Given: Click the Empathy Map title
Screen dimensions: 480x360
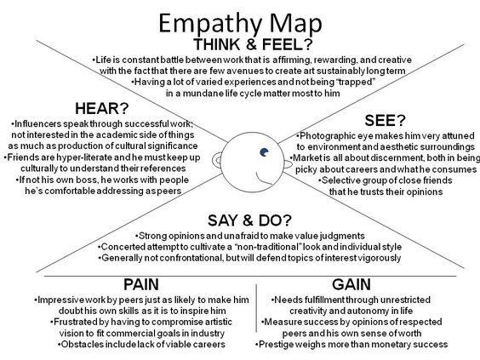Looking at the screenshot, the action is tap(240, 24).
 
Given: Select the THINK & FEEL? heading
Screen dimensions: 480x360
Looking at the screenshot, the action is tap(253, 45).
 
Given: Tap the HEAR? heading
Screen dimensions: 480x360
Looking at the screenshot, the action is tap(102, 108).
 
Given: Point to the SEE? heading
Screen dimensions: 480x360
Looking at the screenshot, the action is tap(385, 120).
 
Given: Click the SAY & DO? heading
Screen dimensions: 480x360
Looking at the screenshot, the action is tap(249, 220).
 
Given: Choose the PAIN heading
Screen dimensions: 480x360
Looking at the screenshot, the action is tap(141, 284).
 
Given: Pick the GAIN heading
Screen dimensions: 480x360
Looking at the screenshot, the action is tap(351, 284).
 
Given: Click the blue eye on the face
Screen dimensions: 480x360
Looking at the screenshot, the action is tap(264, 152).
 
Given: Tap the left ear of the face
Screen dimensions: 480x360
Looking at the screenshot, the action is tap(217, 160).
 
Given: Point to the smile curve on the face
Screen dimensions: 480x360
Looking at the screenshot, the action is tap(263, 180).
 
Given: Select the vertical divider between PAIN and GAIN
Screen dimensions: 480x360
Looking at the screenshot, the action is tap(256, 308).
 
